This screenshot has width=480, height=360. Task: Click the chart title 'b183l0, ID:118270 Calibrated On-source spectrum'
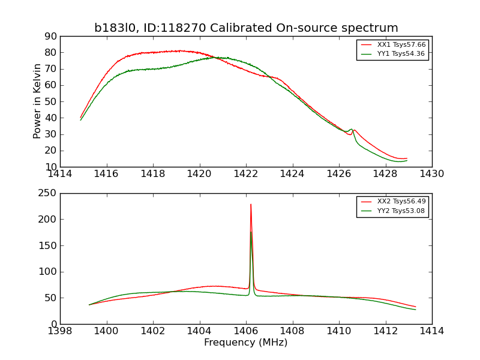pyautogui.click(x=246, y=28)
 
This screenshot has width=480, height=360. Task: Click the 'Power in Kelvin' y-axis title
pyautogui.click(x=37, y=101)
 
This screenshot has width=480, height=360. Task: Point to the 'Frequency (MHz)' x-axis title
pyautogui.click(x=246, y=343)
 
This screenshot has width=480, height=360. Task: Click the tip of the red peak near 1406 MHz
pyautogui.click(x=251, y=205)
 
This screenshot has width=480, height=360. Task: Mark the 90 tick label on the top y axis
pyautogui.click(x=50, y=37)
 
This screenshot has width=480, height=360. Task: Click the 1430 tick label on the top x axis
pyautogui.click(x=431, y=174)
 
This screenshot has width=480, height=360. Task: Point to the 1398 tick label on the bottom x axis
pyautogui.click(x=60, y=331)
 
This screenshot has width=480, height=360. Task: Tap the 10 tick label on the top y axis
pyautogui.click(x=50, y=167)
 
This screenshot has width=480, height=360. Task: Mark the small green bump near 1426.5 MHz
pyautogui.click(x=352, y=130)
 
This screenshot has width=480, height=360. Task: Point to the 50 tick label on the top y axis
pyautogui.click(x=50, y=102)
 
